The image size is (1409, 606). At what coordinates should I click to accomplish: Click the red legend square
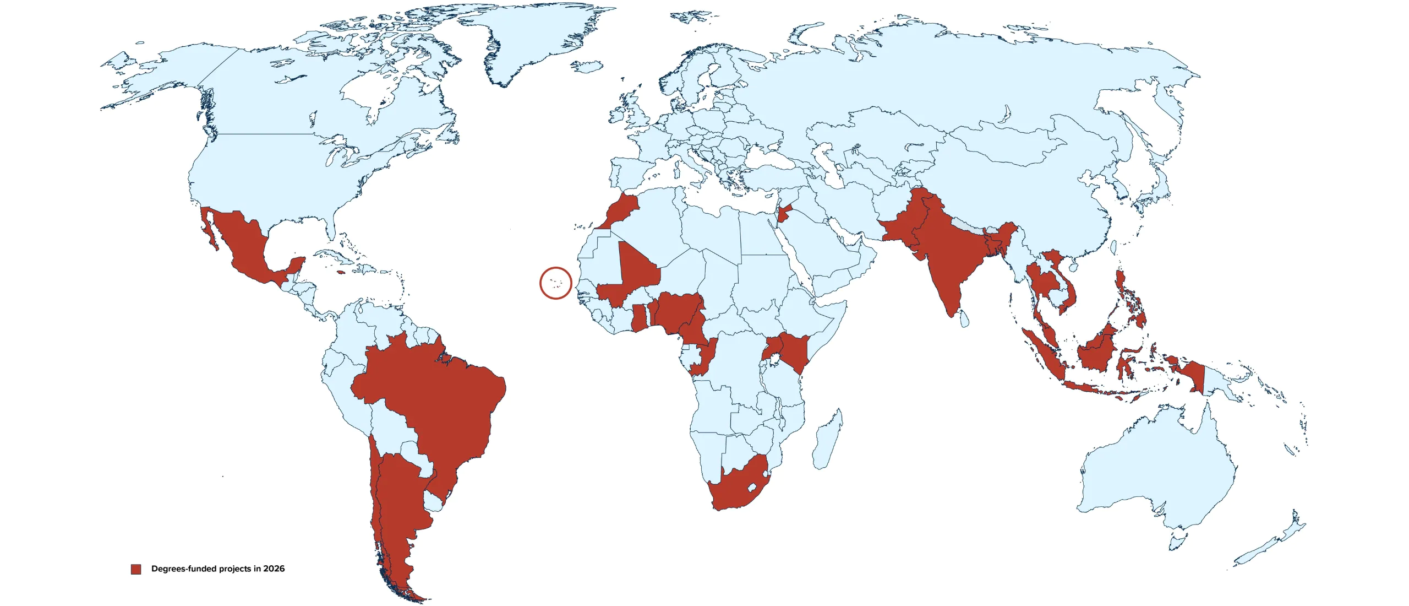pyautogui.click(x=136, y=569)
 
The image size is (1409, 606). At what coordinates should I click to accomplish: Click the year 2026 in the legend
pyautogui.click(x=274, y=569)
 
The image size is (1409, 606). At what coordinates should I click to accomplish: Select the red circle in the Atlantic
pyautogui.click(x=556, y=283)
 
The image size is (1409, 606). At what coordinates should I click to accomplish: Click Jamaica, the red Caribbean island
pyautogui.click(x=341, y=272)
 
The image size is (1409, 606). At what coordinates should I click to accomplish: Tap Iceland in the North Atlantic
pyautogui.click(x=586, y=67)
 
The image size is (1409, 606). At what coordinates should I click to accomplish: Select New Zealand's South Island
pyautogui.click(x=1260, y=551)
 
